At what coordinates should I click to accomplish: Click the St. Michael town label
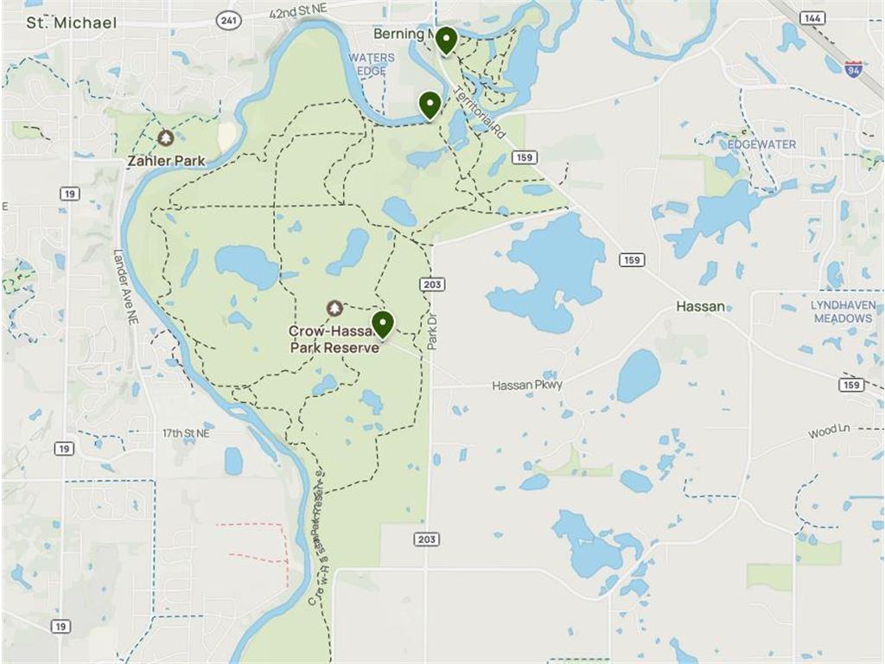[71, 22]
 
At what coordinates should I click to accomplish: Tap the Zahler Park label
[166, 160]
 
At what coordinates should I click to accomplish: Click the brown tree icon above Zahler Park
[166, 137]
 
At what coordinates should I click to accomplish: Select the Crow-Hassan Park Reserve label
[334, 339]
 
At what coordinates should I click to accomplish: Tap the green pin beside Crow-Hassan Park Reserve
[383, 325]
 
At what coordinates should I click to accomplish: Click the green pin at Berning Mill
[446, 40]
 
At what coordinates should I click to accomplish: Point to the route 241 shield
[228, 20]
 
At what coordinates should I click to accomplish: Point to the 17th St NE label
[187, 432]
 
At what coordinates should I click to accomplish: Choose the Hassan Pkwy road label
[527, 385]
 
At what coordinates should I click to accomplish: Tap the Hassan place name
[700, 306]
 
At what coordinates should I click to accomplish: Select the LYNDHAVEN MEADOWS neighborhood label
[843, 312]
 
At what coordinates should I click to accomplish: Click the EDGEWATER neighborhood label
[761, 144]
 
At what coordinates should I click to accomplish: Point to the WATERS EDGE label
[372, 64]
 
